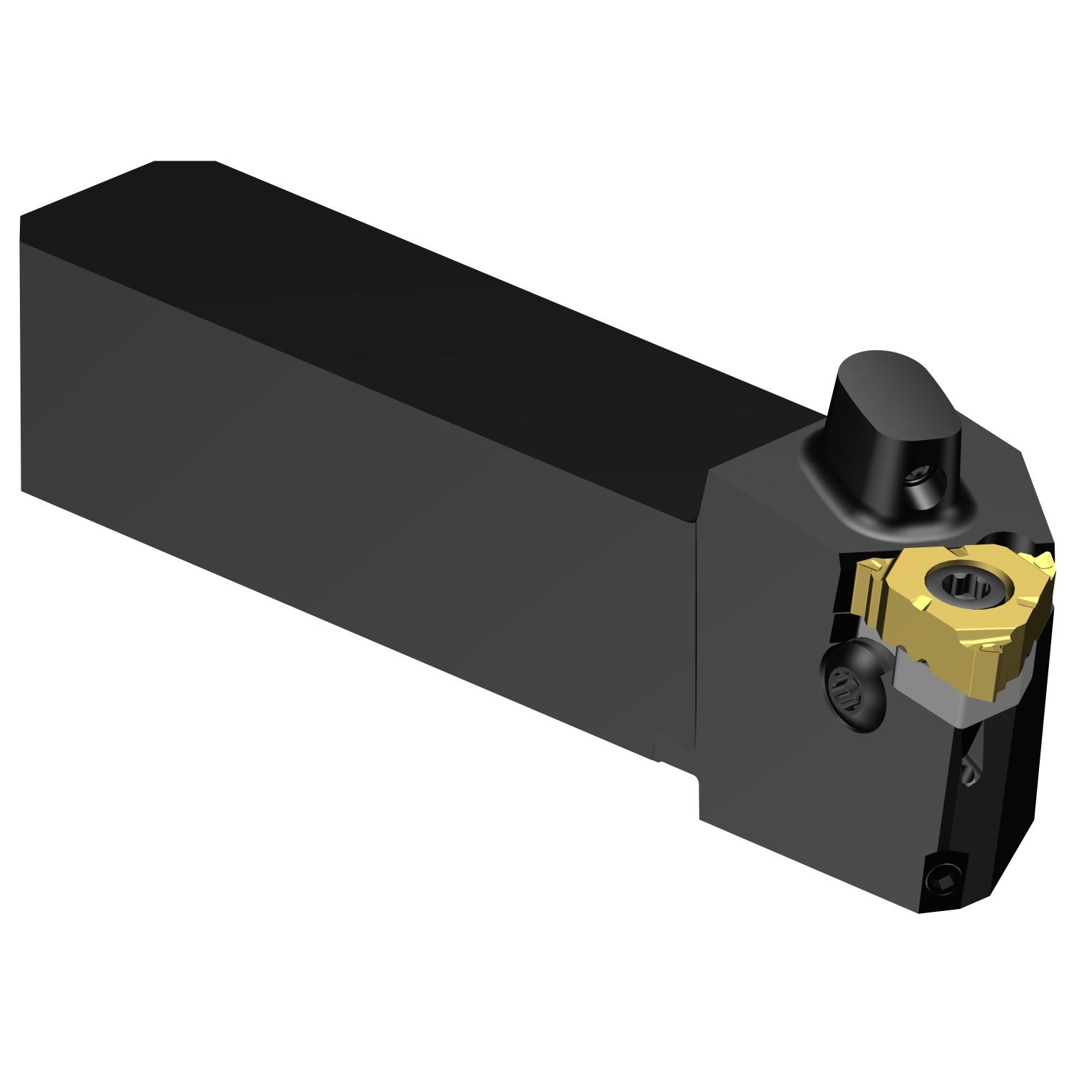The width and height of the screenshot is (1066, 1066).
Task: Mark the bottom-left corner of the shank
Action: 23,490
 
